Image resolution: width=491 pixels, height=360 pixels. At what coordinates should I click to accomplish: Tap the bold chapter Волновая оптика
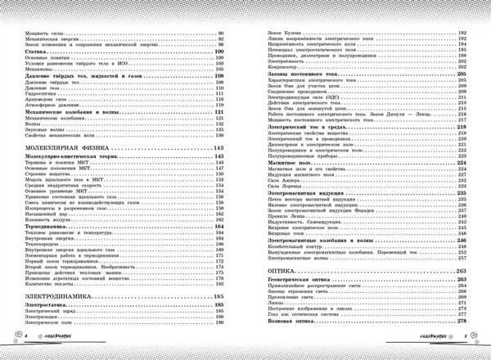[x=294, y=332]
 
